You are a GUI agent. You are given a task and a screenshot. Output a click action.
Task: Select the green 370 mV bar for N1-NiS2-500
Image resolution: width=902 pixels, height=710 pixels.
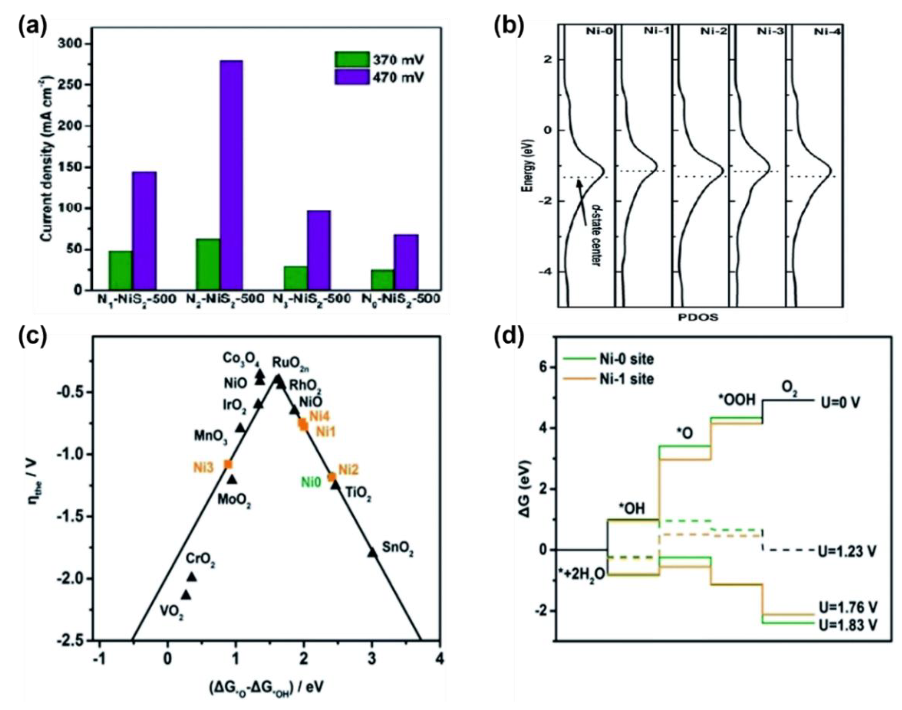[120, 270]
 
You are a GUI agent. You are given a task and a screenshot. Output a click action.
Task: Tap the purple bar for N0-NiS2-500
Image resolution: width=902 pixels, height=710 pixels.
[406, 262]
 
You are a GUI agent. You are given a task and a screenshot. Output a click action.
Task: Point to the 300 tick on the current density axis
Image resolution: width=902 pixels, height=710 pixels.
[75, 44]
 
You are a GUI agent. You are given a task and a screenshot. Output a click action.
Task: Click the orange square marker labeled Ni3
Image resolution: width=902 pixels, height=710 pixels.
[228, 465]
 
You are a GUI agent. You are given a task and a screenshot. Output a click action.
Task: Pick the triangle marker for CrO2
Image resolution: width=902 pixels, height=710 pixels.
[192, 577]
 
